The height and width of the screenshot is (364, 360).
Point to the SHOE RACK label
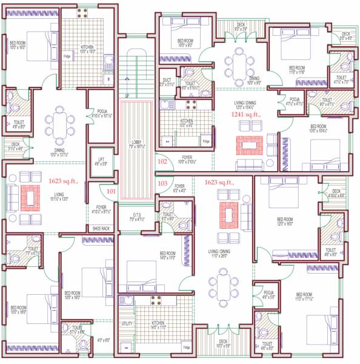pyautogui.click(x=101, y=228)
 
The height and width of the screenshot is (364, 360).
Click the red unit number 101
pyautogui.click(x=110, y=191)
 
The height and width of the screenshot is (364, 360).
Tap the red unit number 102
pyautogui.click(x=162, y=162)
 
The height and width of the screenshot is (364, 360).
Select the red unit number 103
pyautogui.click(x=162, y=183)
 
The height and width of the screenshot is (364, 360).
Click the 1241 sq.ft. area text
pyautogui.click(x=245, y=113)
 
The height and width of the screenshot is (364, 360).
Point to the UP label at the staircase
pyautogui.click(x=127, y=96)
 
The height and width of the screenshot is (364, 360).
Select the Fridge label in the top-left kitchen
pyautogui.click(x=67, y=56)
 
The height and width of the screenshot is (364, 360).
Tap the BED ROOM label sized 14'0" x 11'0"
pyautogui.click(x=168, y=254)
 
